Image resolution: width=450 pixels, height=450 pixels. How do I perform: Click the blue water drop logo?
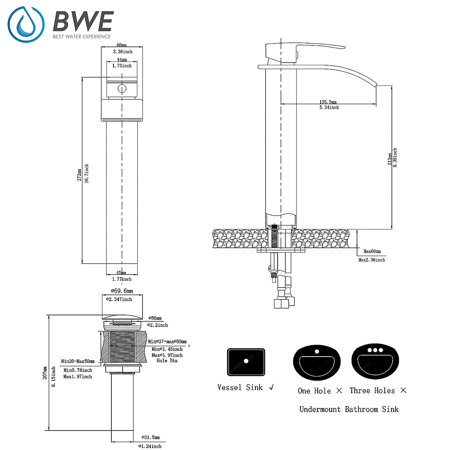[x=26, y=24]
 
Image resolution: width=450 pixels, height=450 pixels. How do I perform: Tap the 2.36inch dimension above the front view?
[x=123, y=52]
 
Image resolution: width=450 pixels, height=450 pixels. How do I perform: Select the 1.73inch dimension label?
[x=122, y=66]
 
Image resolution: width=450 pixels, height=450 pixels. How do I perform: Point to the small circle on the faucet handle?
[x=121, y=89]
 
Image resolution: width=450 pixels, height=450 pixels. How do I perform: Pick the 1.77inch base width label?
[x=122, y=279]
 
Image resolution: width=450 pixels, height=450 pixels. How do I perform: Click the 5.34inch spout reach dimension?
[x=329, y=107]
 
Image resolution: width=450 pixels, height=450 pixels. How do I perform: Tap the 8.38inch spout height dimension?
[x=395, y=157]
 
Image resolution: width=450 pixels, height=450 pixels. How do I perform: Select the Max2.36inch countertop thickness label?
[x=372, y=259]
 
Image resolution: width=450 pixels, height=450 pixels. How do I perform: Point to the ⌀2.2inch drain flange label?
[x=157, y=325]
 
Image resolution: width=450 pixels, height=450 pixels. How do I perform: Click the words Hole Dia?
[x=167, y=360]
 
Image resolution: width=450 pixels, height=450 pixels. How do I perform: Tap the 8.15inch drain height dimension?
[x=54, y=377]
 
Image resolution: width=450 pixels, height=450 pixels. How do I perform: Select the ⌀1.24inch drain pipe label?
[x=150, y=446]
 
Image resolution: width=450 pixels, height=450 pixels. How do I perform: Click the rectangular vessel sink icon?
[x=246, y=362]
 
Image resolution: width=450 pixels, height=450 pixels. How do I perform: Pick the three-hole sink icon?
[x=375, y=362]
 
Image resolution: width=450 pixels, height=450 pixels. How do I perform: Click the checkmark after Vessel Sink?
[x=271, y=387]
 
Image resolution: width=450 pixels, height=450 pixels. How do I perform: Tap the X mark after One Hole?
[x=339, y=391]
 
